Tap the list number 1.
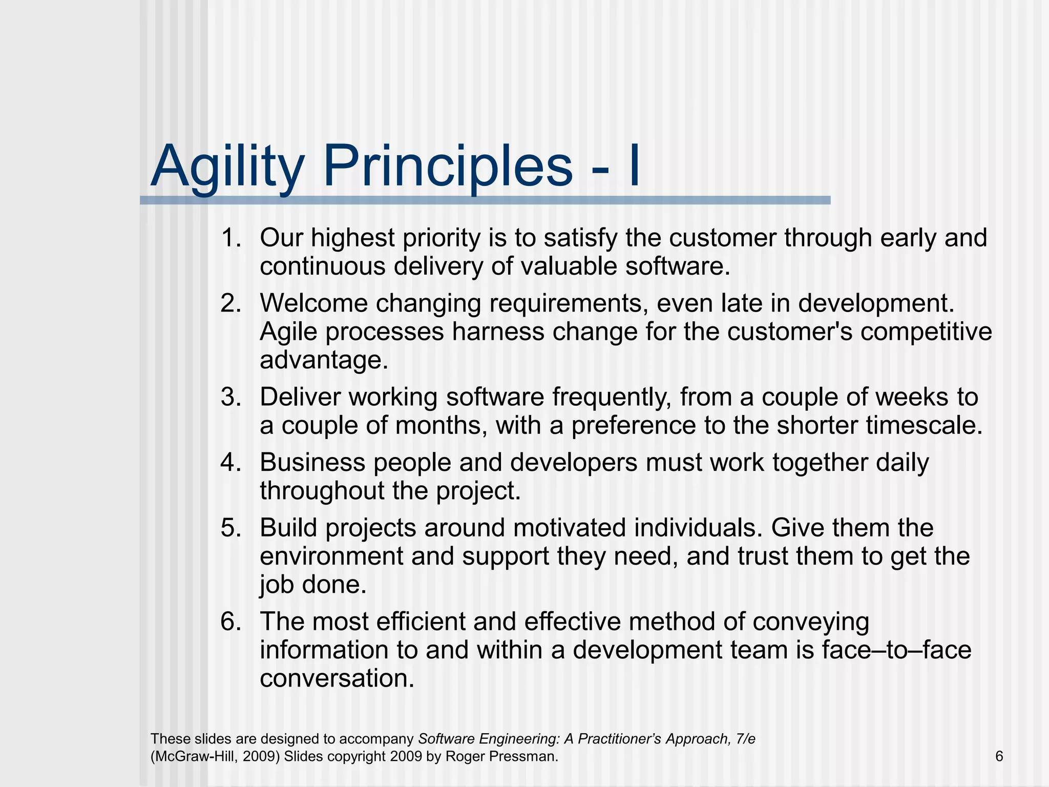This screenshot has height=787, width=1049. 230,238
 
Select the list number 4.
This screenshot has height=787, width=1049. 230,463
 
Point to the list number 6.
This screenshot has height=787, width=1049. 230,622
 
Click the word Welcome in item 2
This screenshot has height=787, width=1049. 313,303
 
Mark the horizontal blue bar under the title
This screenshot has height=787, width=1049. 485,200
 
